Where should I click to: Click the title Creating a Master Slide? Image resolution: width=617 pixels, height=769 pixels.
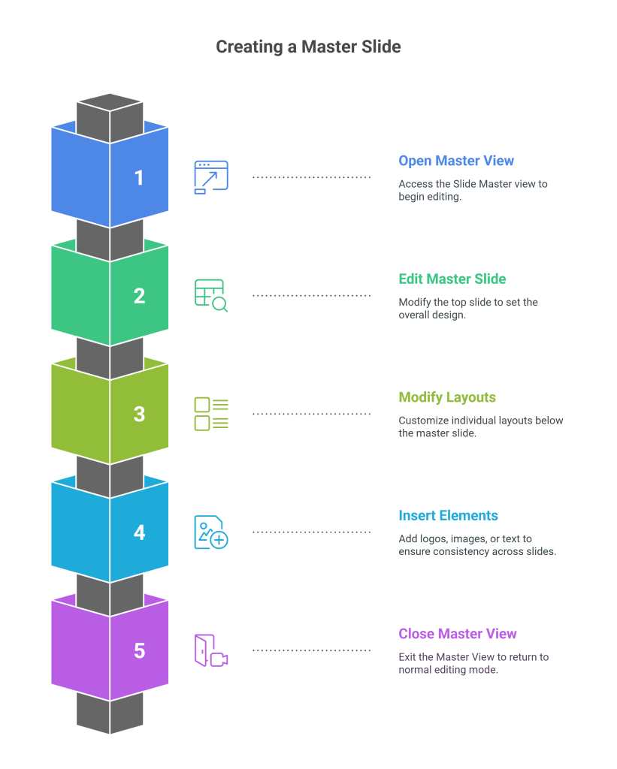tap(308, 47)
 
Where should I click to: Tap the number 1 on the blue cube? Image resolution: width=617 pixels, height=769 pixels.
tap(139, 178)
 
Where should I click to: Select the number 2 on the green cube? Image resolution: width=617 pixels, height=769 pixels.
tap(139, 296)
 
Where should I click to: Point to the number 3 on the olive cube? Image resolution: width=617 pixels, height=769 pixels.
tap(139, 414)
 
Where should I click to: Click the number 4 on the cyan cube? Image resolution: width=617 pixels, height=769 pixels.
tap(139, 532)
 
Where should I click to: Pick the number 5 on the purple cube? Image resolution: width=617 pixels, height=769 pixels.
tap(139, 650)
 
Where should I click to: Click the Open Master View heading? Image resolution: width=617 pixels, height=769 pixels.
tap(456, 161)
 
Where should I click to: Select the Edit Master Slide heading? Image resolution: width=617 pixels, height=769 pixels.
tap(452, 279)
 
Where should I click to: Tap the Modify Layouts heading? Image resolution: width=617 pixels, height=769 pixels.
tap(447, 397)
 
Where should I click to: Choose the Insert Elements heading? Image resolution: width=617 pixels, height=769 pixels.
tap(448, 515)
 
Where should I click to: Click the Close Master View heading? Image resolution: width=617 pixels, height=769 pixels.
tap(457, 634)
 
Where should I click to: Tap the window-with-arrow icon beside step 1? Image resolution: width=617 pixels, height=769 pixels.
tap(211, 177)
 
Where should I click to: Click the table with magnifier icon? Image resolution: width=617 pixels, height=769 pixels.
tap(211, 295)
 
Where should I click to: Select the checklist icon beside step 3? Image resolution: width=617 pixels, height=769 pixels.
tap(211, 414)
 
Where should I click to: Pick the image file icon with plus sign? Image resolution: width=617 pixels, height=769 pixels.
tap(211, 532)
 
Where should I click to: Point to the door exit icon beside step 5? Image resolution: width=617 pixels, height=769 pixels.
tap(211, 650)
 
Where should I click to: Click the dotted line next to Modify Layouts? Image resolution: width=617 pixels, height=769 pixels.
tap(311, 414)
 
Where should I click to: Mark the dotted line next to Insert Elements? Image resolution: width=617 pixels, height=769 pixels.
tap(311, 532)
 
